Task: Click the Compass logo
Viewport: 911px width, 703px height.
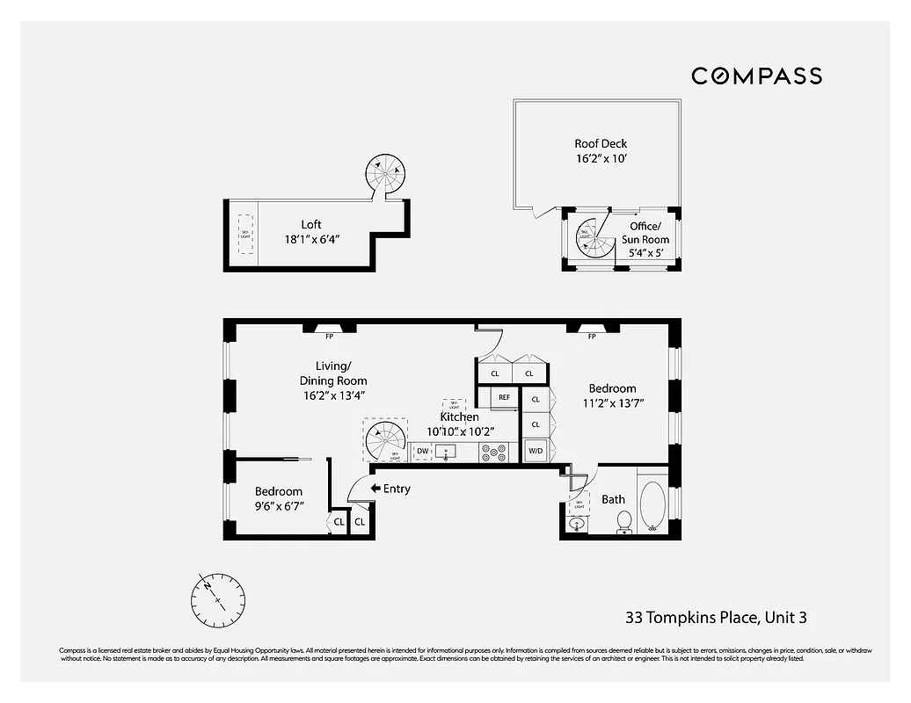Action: pos(756,76)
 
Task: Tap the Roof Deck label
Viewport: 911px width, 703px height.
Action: pos(601,143)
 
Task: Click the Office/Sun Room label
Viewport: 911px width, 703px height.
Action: pos(649,233)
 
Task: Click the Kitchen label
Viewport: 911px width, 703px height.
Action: pos(459,417)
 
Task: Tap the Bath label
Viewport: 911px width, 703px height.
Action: pos(613,499)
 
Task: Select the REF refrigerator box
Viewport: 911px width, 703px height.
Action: pos(505,397)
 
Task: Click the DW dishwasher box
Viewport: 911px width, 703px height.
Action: pos(423,452)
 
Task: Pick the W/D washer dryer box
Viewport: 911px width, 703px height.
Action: pos(535,452)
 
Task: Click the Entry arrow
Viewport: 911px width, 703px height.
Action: pos(375,489)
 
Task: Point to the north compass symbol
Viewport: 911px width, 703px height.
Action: pos(218,599)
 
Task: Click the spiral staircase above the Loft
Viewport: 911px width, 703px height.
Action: pos(385,176)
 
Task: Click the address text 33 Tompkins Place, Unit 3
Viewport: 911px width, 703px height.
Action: pos(715,618)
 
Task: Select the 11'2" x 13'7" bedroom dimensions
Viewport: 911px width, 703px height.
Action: pos(612,403)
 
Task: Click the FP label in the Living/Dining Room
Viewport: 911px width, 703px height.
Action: pos(329,336)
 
